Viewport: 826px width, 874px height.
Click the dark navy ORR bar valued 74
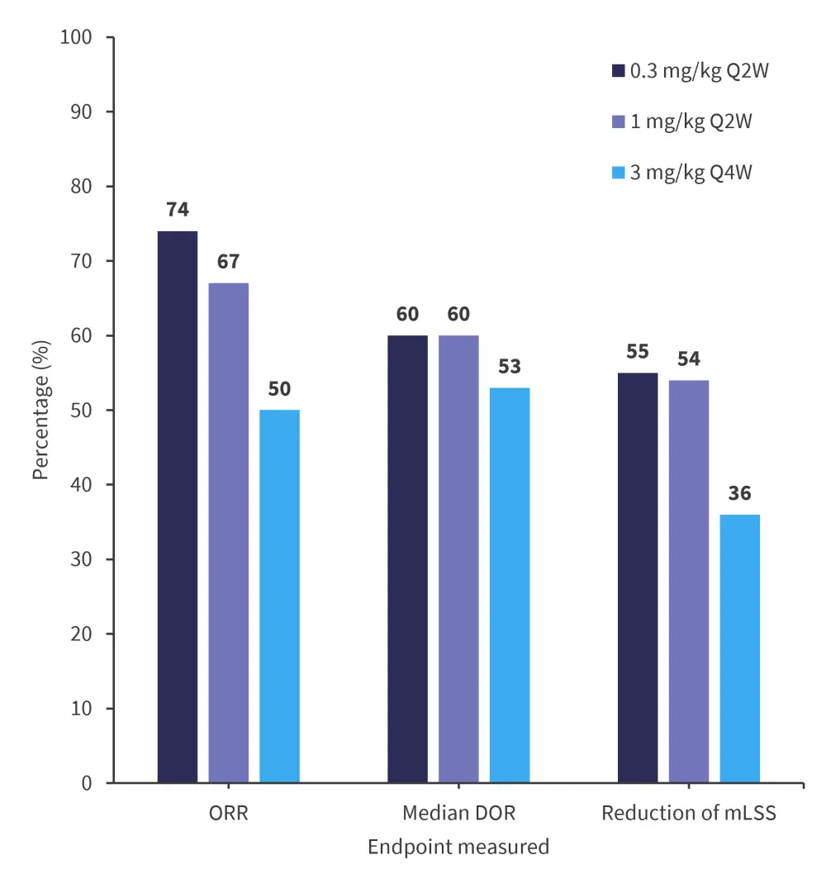pyautogui.click(x=178, y=506)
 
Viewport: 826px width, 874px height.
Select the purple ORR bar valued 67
pyautogui.click(x=229, y=533)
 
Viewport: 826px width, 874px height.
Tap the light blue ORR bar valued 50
pyautogui.click(x=280, y=596)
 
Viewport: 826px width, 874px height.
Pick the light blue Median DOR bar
pyautogui.click(x=510, y=585)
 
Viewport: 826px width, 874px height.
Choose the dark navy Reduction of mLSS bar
pyautogui.click(x=638, y=577)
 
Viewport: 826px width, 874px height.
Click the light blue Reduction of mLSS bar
pyautogui.click(x=740, y=648)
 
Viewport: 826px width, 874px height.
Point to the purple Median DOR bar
pyautogui.click(x=458, y=558)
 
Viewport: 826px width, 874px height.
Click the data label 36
pyautogui.click(x=740, y=493)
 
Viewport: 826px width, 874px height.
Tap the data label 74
pyautogui.click(x=178, y=210)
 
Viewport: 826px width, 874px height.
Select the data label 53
pyautogui.click(x=510, y=367)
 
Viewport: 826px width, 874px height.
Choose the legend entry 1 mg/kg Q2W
pyautogui.click(x=681, y=122)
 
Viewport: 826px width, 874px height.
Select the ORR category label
pyautogui.click(x=229, y=813)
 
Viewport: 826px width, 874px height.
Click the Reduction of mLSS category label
pyautogui.click(x=689, y=813)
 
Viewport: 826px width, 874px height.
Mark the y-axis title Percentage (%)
pyautogui.click(x=41, y=411)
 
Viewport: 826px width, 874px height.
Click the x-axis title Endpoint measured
pyautogui.click(x=458, y=847)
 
